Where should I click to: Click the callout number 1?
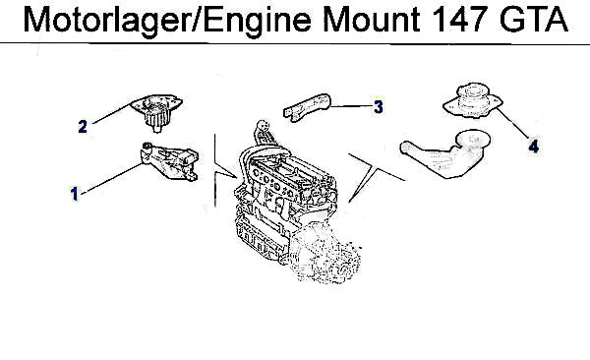(x=75, y=194)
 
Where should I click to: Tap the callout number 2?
(x=83, y=127)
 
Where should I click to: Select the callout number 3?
(x=379, y=106)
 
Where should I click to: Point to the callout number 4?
(x=534, y=147)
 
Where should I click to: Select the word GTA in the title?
(x=534, y=20)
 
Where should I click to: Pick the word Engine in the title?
(x=258, y=22)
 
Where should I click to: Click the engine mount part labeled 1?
(x=169, y=162)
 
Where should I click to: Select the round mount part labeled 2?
(x=157, y=111)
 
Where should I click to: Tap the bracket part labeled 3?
(x=307, y=106)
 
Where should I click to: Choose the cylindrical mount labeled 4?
(x=473, y=100)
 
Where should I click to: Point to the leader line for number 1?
(x=112, y=178)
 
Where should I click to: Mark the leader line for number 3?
(x=351, y=106)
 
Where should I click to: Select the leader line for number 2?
(x=112, y=113)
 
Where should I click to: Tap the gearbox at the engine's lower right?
(x=326, y=253)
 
